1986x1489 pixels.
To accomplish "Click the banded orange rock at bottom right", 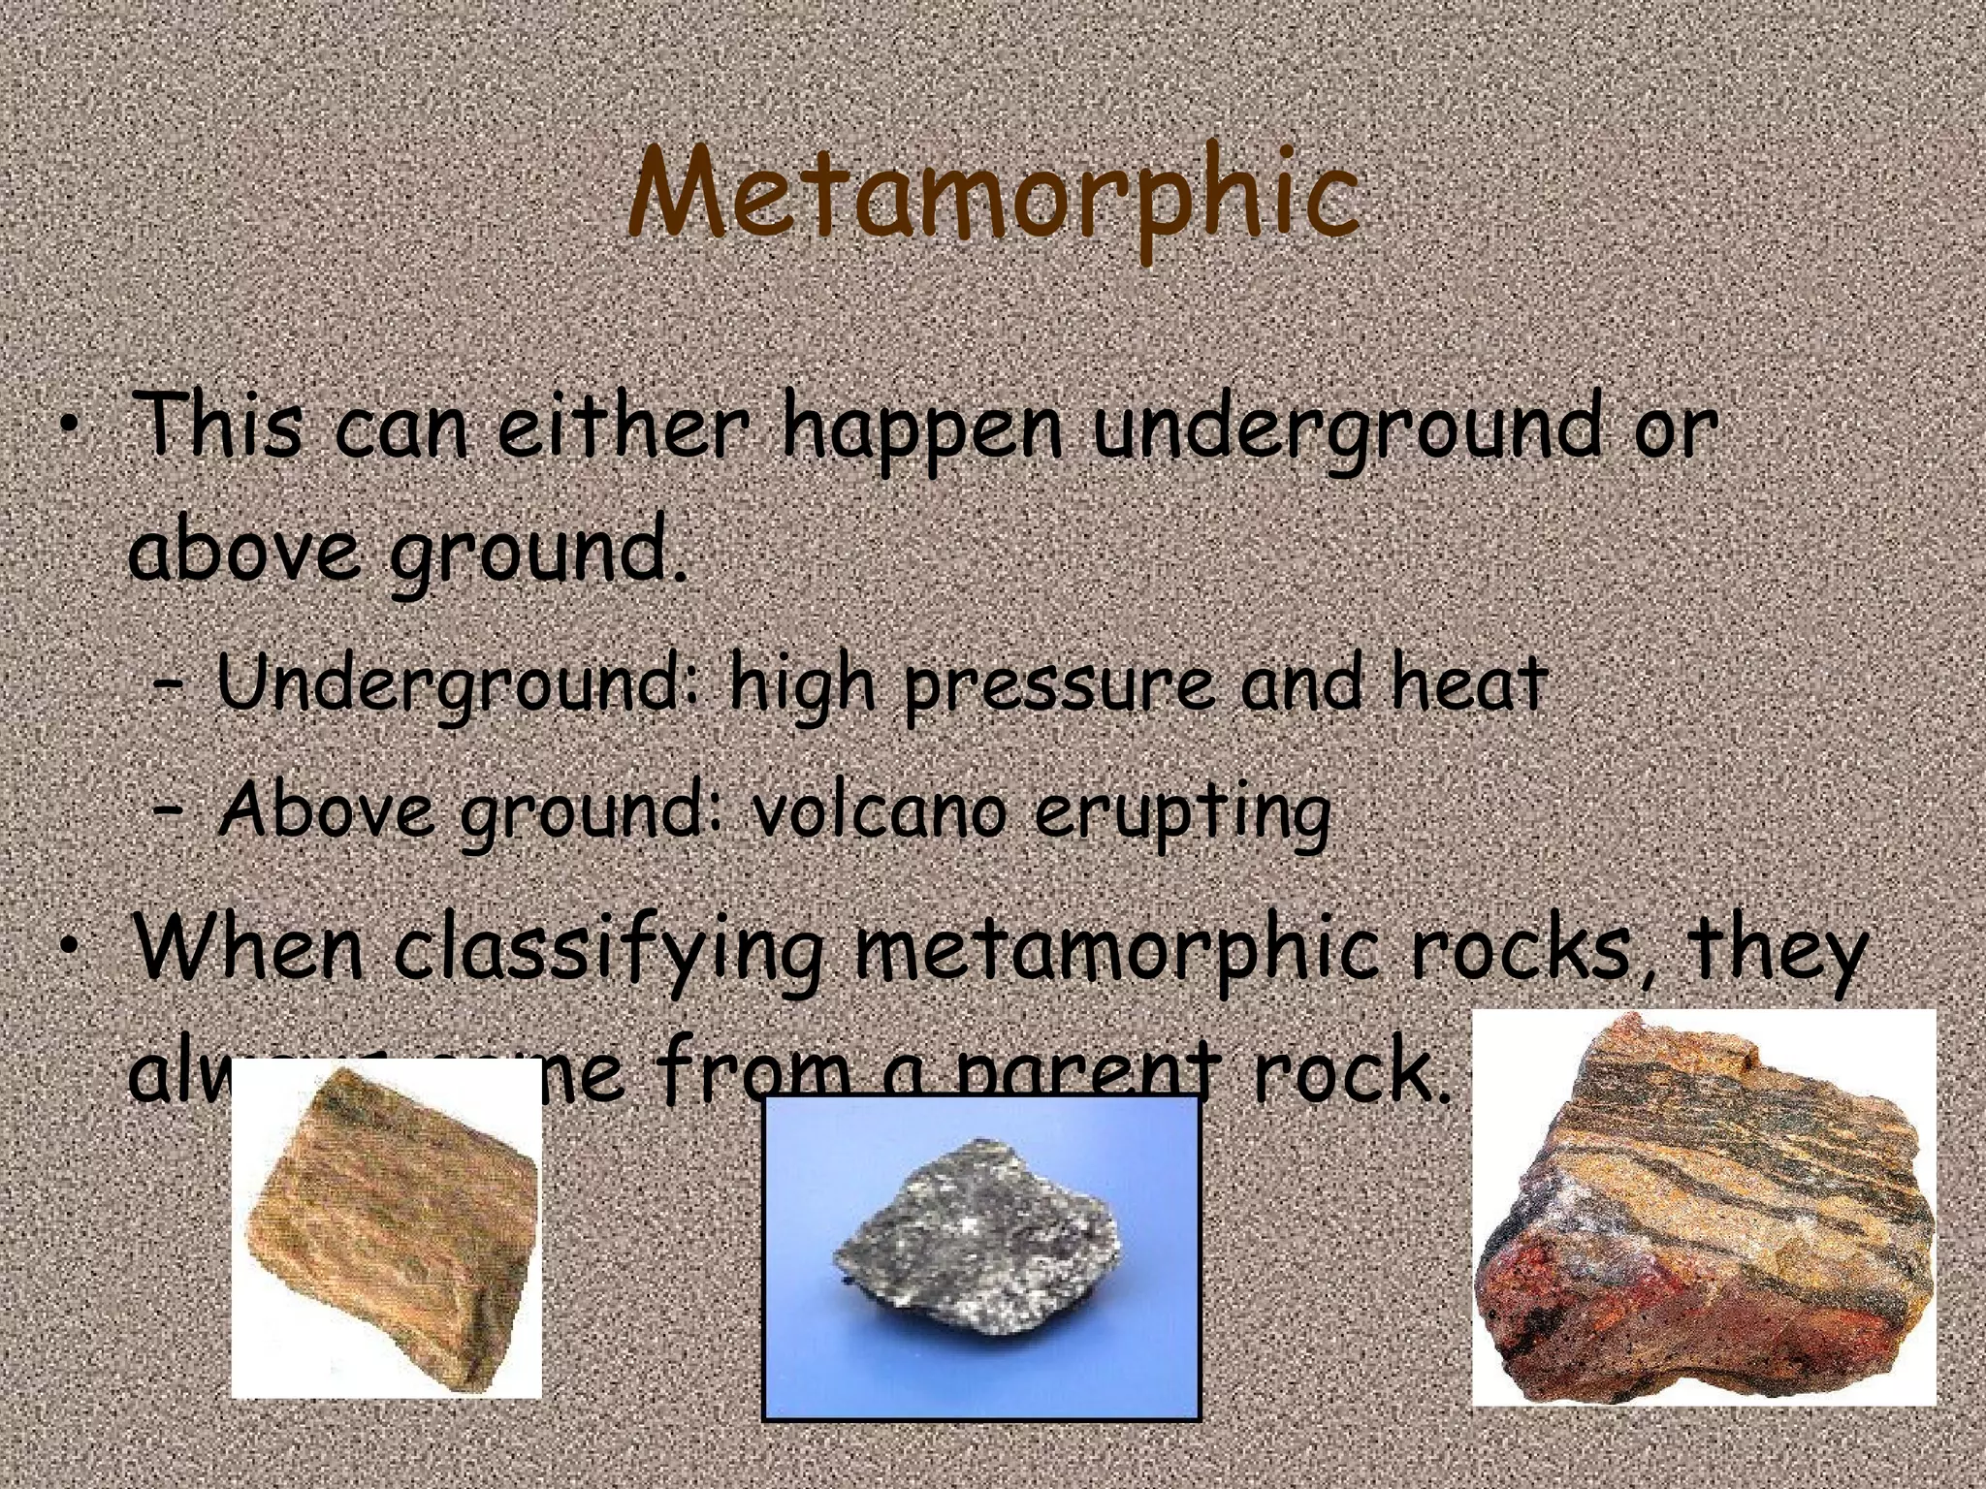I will pyautogui.click(x=1702, y=1212).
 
